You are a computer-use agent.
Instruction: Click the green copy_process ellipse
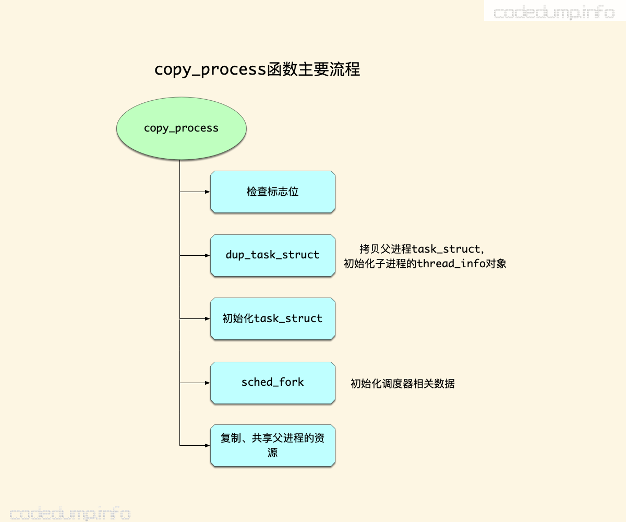[181, 128]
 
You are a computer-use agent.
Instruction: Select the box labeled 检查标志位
[272, 192]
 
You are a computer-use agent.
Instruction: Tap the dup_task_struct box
[272, 255]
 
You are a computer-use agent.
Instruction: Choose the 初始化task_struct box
[272, 319]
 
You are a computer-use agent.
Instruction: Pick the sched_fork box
[272, 383]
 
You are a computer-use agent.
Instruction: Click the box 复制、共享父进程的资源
[272, 446]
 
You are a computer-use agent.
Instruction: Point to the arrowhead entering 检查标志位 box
[207, 192]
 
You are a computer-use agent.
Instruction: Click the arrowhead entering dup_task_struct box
[207, 255]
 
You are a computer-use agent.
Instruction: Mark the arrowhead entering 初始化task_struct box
[207, 319]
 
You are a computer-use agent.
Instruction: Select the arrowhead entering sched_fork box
[207, 383]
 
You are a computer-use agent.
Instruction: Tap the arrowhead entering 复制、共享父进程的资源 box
[207, 445]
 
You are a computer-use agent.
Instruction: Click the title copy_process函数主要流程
[257, 69]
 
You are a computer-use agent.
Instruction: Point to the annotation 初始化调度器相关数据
[402, 384]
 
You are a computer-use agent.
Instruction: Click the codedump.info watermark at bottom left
[70, 514]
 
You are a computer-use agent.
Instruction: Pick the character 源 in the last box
[272, 453]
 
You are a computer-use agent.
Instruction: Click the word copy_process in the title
[210, 70]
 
